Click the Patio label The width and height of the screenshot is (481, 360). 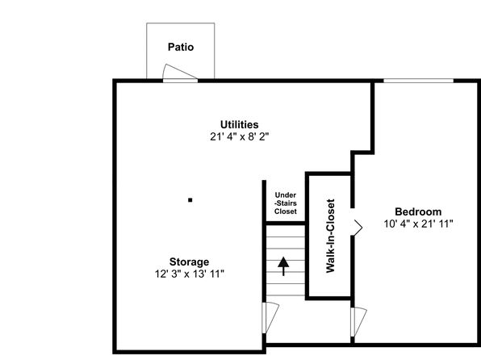[181, 47]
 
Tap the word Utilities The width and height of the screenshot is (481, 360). [239, 124]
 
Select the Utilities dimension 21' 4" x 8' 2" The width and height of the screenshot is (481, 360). [239, 136]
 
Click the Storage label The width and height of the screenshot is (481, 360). [190, 262]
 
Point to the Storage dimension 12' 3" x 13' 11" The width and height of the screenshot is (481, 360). [190, 274]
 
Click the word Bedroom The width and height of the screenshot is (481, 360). [418, 211]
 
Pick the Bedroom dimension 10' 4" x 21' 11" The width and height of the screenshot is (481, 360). [418, 224]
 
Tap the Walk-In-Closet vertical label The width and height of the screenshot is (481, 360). [330, 236]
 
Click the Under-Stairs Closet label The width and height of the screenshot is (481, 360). [286, 203]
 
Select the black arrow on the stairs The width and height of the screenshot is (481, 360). [283, 266]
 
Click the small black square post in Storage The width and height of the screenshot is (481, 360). [190, 200]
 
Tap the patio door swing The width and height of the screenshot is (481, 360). [179, 72]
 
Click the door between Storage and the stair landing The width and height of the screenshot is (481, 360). [270, 317]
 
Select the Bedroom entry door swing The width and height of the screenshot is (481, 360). [358, 321]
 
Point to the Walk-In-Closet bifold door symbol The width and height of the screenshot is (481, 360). [358, 228]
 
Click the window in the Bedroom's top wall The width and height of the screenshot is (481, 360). [418, 81]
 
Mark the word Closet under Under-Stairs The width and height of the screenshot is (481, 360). [286, 211]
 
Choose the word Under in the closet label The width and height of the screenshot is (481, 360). [286, 195]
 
